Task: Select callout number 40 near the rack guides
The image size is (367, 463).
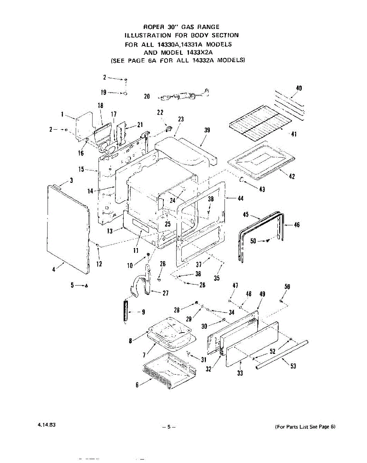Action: click(299, 88)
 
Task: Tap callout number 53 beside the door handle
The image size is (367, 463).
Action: click(293, 366)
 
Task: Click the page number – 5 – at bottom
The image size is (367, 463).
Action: click(169, 427)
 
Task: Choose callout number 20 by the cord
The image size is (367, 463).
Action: click(147, 96)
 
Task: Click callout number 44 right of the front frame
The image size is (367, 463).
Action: click(240, 198)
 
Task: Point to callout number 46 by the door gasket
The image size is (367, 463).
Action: click(297, 225)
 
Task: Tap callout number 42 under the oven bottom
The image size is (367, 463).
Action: click(292, 176)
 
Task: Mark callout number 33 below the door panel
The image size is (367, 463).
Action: click(240, 373)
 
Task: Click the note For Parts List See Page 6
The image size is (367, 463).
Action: click(305, 427)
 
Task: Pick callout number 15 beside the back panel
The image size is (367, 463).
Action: click(82, 169)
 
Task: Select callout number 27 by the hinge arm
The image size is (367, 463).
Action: click(165, 293)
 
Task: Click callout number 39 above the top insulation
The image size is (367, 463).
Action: click(207, 130)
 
